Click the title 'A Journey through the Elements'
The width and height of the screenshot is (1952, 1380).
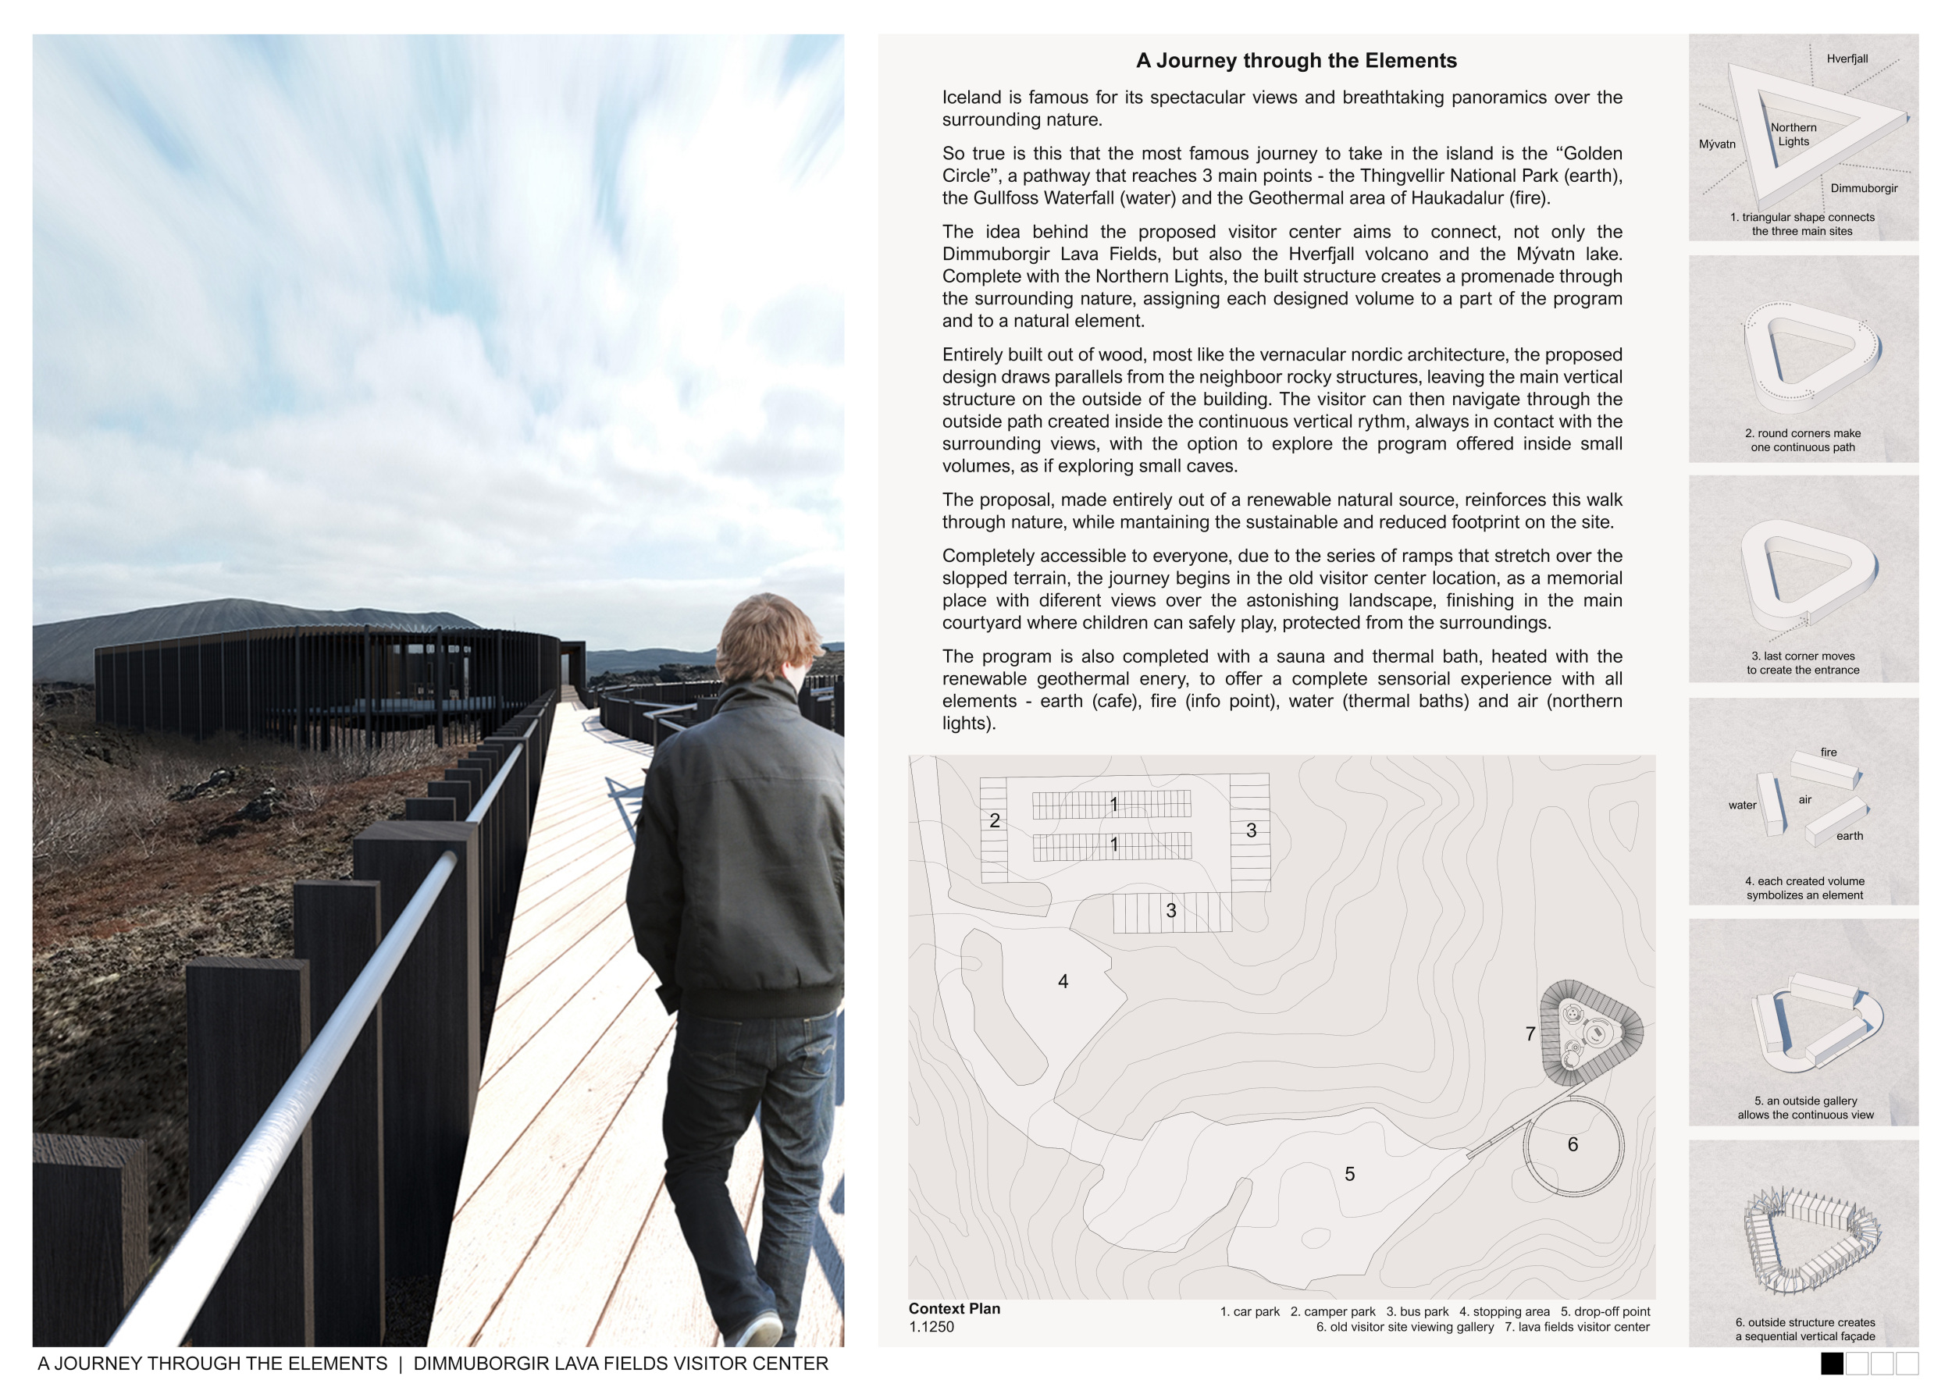point(1295,60)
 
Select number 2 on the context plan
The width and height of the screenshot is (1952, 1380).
point(995,821)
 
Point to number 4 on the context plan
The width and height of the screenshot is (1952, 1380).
point(1063,981)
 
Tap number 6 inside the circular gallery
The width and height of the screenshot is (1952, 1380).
point(1573,1144)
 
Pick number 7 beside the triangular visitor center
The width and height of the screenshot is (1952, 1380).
point(1530,1034)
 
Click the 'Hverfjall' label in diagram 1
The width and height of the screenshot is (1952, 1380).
point(1847,59)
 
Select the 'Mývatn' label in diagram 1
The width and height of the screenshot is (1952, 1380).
point(1717,144)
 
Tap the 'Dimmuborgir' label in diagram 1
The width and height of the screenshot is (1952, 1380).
point(1864,189)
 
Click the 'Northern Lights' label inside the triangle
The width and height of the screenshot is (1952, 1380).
point(1793,134)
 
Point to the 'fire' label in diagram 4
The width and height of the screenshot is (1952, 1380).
point(1829,752)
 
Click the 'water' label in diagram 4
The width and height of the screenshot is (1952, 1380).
point(1742,806)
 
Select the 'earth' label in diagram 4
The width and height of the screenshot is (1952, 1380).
point(1849,836)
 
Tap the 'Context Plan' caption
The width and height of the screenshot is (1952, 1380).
point(954,1309)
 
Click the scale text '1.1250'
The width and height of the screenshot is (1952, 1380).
point(931,1328)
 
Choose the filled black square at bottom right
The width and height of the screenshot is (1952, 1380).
point(1832,1363)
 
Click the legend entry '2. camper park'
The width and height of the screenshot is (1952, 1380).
point(1332,1312)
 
